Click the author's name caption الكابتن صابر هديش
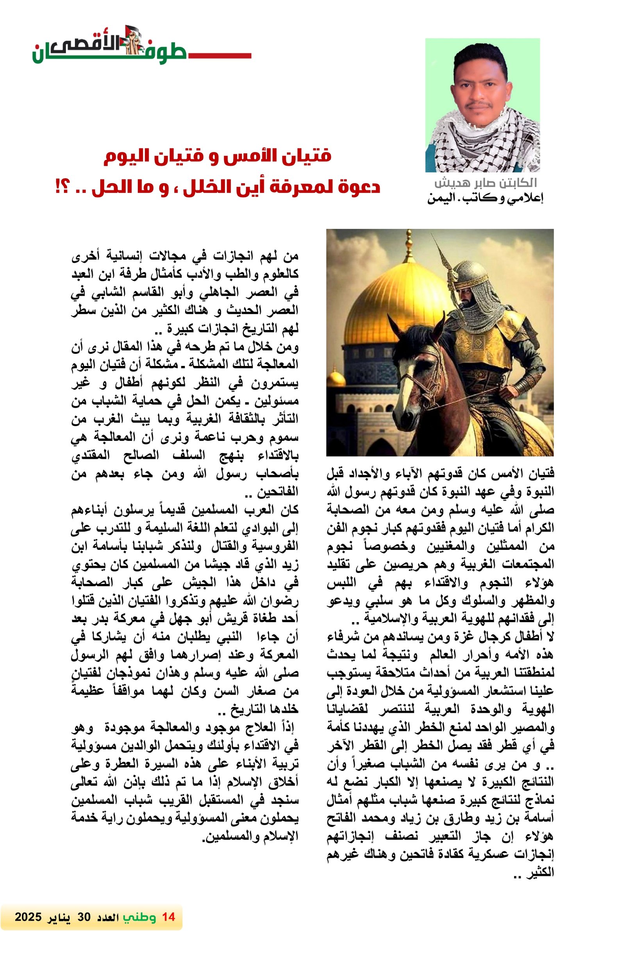pyautogui.click(x=485, y=182)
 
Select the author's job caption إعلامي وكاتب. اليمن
pyautogui.click(x=485, y=198)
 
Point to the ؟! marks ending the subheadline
pyautogui.click(x=63, y=188)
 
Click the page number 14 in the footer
pyautogui.click(x=168, y=917)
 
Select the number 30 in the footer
pyautogui.click(x=84, y=917)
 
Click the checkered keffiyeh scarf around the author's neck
pyautogui.click(x=483, y=138)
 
